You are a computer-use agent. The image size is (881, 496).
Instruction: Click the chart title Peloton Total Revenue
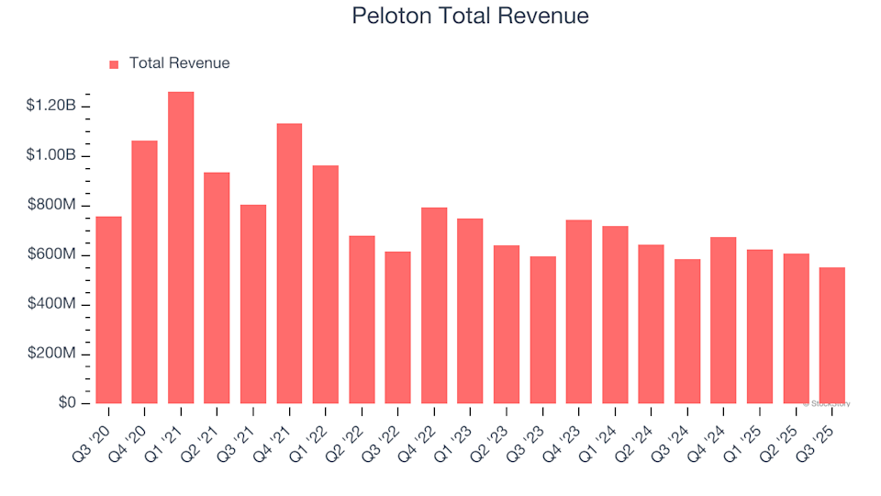(470, 17)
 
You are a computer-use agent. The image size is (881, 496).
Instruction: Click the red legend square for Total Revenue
(114, 64)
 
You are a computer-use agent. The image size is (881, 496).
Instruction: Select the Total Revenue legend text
(179, 63)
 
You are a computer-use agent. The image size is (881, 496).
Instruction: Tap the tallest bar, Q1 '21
(181, 248)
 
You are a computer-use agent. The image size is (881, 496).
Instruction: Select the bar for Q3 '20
(108, 310)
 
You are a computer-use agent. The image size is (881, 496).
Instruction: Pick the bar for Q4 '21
(289, 264)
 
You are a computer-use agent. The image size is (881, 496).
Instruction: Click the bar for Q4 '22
(434, 306)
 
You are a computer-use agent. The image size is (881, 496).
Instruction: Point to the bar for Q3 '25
(831, 335)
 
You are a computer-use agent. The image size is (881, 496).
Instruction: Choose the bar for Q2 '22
(362, 320)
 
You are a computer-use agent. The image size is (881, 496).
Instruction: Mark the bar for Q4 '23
(579, 312)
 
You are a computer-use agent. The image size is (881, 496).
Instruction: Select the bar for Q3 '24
(687, 332)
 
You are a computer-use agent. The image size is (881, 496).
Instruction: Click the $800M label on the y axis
(52, 206)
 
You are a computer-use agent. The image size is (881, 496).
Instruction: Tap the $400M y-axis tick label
(52, 305)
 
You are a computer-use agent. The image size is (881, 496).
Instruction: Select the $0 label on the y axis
(66, 404)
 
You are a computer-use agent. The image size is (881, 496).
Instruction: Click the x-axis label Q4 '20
(130, 431)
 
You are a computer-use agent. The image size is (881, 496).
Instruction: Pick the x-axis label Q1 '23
(456, 431)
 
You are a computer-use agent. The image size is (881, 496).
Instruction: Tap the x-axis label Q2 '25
(782, 431)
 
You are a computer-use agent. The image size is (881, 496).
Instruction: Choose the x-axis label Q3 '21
(239, 431)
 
